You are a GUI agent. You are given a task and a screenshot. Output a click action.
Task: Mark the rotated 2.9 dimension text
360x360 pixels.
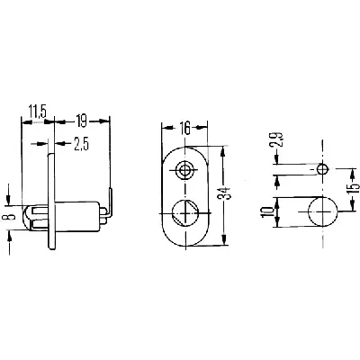(279, 141)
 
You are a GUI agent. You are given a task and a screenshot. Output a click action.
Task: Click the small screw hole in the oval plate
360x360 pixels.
(186, 169)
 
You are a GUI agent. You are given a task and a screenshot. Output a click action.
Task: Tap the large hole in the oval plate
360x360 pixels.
(186, 215)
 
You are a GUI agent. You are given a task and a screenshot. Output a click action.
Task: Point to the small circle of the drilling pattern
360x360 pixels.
(321, 169)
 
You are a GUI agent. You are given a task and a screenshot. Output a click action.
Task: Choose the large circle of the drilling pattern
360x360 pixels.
(321, 214)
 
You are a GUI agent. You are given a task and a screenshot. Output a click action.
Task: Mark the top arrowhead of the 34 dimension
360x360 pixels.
(222, 150)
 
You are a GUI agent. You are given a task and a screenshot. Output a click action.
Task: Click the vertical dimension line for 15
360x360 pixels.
(343, 193)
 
